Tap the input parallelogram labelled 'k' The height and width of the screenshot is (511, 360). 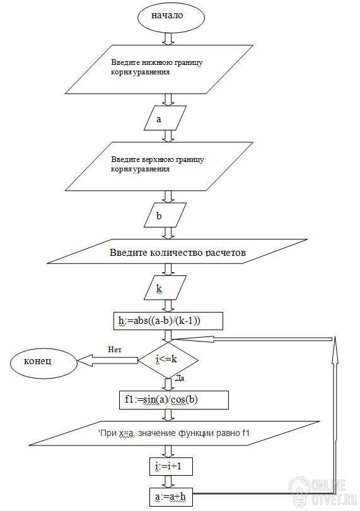pyautogui.click(x=165, y=287)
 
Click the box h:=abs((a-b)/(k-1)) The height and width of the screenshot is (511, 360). pyautogui.click(x=168, y=321)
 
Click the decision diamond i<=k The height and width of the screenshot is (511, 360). pyautogui.click(x=168, y=360)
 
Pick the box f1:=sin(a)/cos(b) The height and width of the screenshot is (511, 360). pyautogui.click(x=173, y=400)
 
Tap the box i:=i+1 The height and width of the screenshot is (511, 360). pyautogui.click(x=171, y=467)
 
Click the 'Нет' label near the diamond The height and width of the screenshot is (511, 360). pyautogui.click(x=115, y=350)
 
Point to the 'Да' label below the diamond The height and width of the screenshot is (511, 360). pyautogui.click(x=180, y=378)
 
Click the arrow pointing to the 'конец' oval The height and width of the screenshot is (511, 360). pyautogui.click(x=108, y=360)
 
